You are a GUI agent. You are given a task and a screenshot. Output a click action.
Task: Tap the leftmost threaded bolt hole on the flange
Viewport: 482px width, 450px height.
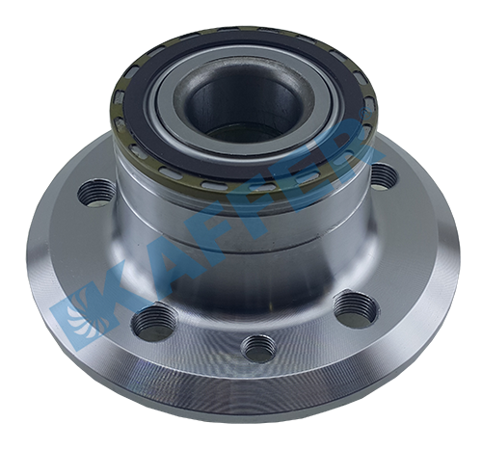coord(96,194)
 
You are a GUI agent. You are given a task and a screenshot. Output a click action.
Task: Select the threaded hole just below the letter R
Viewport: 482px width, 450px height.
coord(384,176)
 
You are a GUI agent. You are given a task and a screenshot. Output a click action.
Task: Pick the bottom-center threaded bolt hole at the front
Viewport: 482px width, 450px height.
coord(259,349)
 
